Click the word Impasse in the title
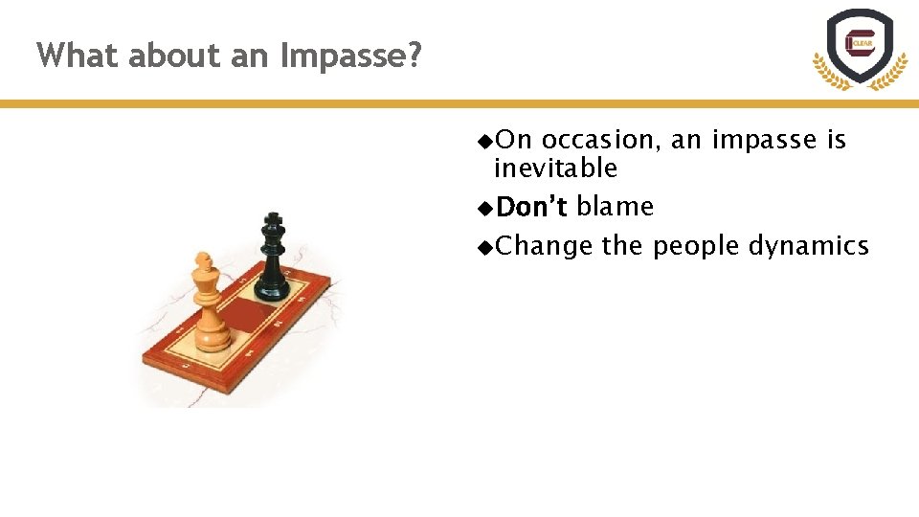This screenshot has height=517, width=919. pyautogui.click(x=350, y=56)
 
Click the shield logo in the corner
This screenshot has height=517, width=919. pyautogui.click(x=860, y=48)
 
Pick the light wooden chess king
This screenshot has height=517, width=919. pyautogui.click(x=210, y=303)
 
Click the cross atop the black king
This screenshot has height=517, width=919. pyautogui.click(x=274, y=220)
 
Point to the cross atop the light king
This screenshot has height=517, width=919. pyautogui.click(x=203, y=259)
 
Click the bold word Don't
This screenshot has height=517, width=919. pyautogui.click(x=532, y=207)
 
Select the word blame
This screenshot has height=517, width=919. pyautogui.click(x=615, y=207)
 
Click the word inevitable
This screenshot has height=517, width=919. pyautogui.click(x=555, y=169)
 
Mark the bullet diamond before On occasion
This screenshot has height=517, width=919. pyautogui.click(x=485, y=141)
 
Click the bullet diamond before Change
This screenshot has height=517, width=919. pyautogui.click(x=485, y=247)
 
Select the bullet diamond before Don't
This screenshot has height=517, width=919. pyautogui.click(x=485, y=208)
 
